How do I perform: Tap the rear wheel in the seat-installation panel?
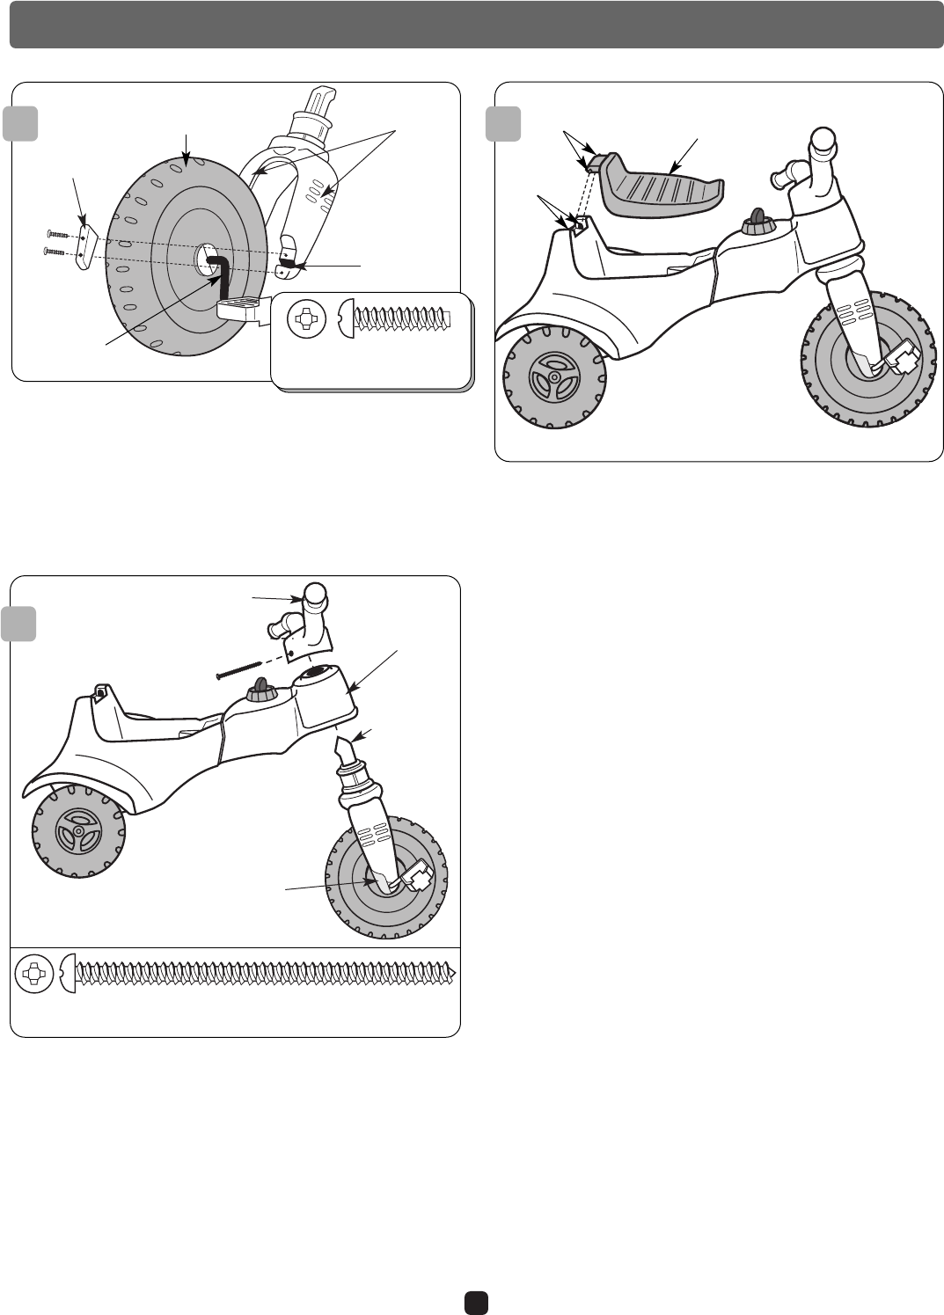(x=553, y=378)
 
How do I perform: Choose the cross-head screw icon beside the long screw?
(x=34, y=972)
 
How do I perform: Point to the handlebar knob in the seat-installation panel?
(x=822, y=141)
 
